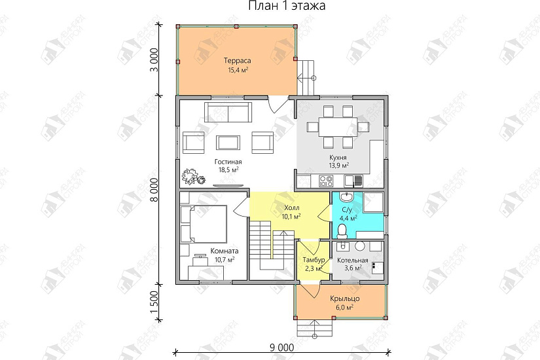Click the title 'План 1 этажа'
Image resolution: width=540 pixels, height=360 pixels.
287,6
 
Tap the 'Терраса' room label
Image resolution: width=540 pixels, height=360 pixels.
238,61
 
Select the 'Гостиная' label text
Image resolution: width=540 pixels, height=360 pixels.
228,162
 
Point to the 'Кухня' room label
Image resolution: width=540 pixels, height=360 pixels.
338,158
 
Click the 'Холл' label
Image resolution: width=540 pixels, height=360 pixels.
292,208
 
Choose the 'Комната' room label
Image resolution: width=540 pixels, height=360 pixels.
225,251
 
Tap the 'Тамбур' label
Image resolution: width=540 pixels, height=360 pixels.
314,260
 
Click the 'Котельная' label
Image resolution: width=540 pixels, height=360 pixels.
353,261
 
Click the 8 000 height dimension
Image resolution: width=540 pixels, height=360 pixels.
154,190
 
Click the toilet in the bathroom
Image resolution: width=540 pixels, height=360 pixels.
342,232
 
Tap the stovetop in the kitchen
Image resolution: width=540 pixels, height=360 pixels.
326,181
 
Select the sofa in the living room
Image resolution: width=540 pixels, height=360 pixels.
228,112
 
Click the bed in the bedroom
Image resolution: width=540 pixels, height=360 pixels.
204,225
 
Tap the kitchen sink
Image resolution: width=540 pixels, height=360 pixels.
353,181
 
